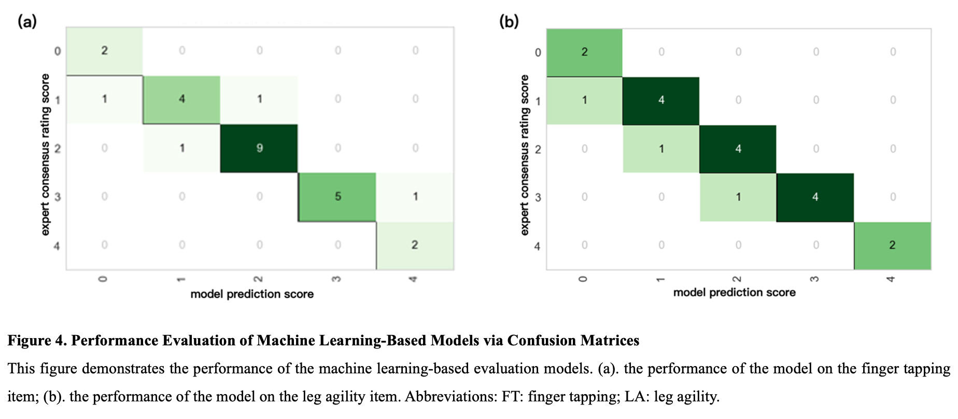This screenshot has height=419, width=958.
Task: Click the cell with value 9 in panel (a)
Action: click(259, 148)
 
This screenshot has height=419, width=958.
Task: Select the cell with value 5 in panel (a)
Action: click(337, 197)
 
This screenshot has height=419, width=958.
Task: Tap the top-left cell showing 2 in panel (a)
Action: click(104, 51)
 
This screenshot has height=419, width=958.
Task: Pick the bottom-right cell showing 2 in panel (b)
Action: click(892, 245)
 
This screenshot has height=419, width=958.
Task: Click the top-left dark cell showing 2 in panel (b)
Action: click(584, 52)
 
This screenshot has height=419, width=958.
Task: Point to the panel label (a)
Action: click(27, 22)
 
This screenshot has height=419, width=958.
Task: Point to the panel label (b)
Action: click(509, 22)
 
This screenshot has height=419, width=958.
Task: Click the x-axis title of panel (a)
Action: click(252, 294)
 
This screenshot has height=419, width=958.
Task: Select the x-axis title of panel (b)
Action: click(734, 292)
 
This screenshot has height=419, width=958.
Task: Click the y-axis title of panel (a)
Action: click(45, 155)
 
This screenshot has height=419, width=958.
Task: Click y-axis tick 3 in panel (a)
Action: click(58, 197)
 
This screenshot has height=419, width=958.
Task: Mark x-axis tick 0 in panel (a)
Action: click(103, 279)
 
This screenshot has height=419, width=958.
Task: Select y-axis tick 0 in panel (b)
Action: click(538, 52)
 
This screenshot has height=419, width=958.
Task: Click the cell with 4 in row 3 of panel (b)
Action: click(815, 197)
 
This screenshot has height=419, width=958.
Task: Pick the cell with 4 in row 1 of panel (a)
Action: click(181, 99)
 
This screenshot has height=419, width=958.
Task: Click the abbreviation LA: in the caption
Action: click(637, 397)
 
